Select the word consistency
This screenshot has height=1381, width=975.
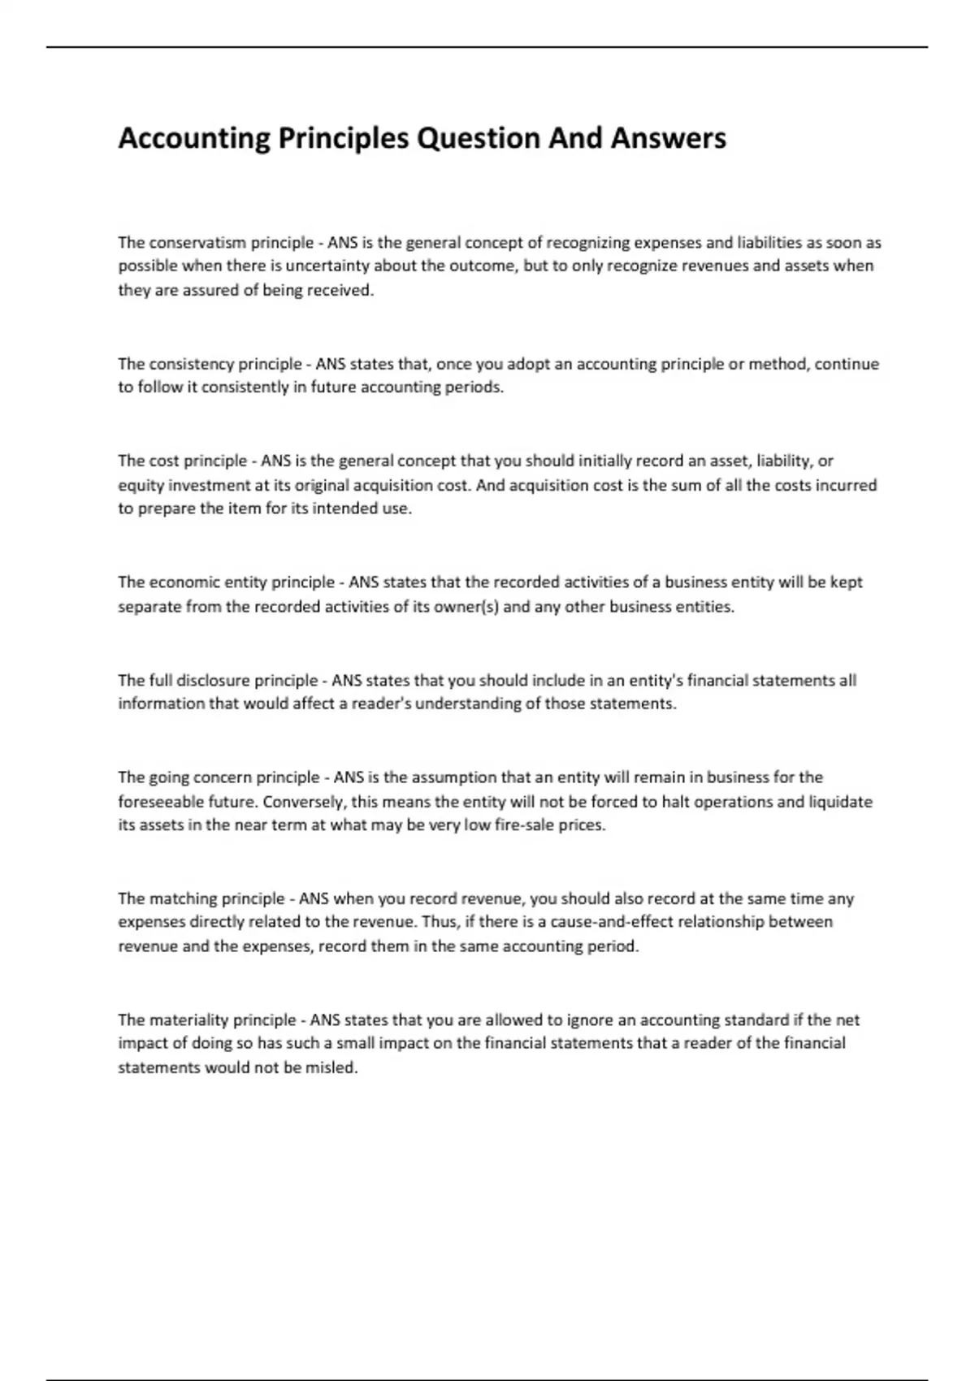(191, 364)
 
